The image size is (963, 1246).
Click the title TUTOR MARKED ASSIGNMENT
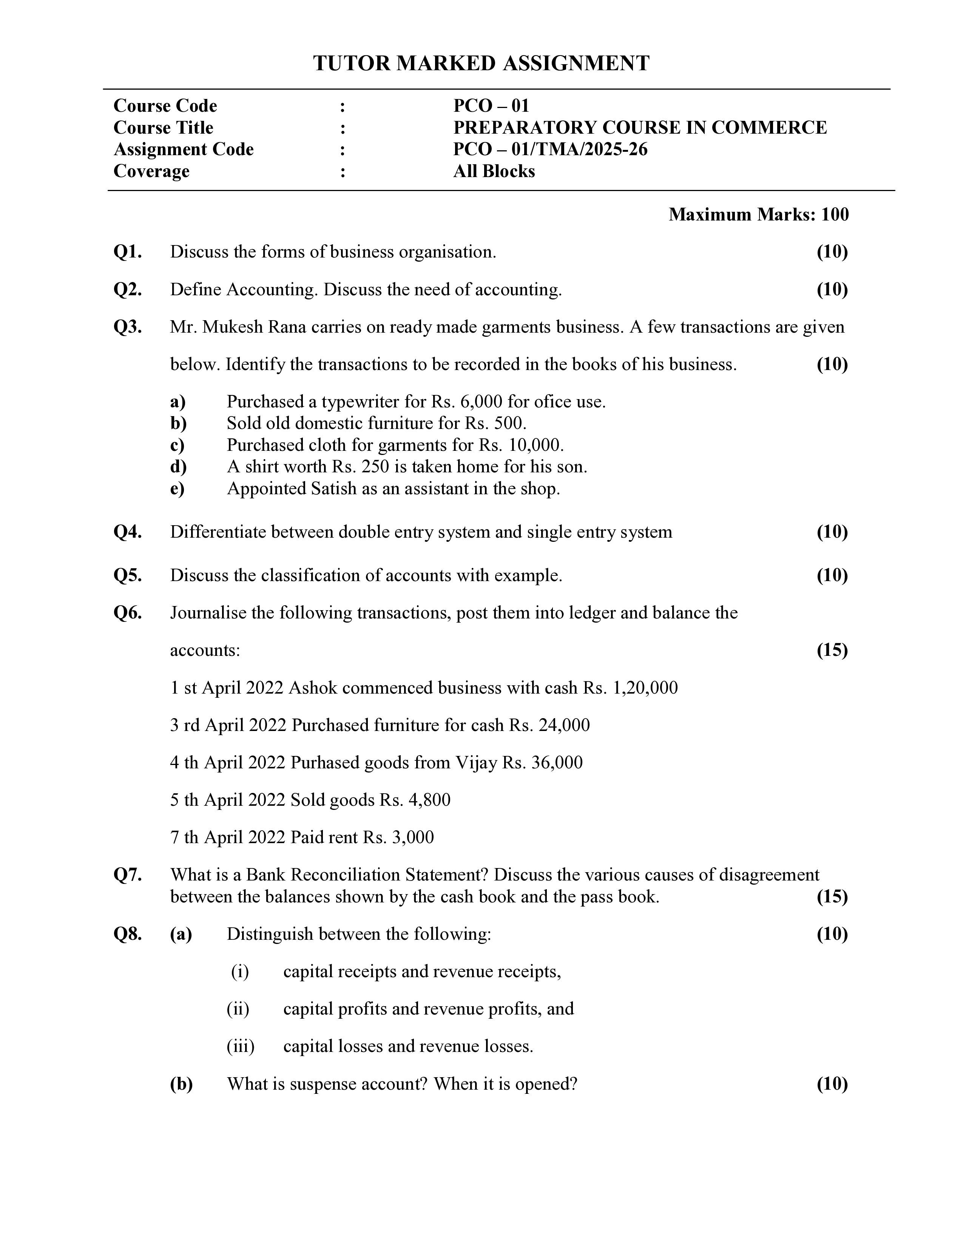(x=481, y=63)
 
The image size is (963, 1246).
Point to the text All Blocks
(x=494, y=171)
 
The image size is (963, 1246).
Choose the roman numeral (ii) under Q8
(x=238, y=1009)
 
